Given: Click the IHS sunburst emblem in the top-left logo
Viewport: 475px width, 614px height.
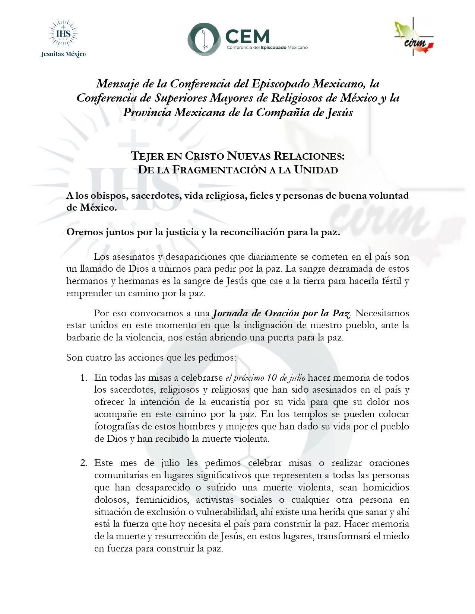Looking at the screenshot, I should coord(63,33).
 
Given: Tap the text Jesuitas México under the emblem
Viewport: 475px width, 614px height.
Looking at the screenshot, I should coord(63,54).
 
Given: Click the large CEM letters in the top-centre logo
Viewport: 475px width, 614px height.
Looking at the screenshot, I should coord(247,36).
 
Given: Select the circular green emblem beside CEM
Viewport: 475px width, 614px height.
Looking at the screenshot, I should coord(204,39).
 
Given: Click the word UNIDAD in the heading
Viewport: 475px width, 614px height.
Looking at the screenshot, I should coord(316,170).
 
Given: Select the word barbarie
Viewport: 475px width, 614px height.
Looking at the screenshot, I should coord(82,338).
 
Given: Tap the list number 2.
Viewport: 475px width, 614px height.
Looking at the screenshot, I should coord(83,463).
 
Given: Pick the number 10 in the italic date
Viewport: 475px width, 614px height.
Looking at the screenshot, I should coord(272,378).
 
